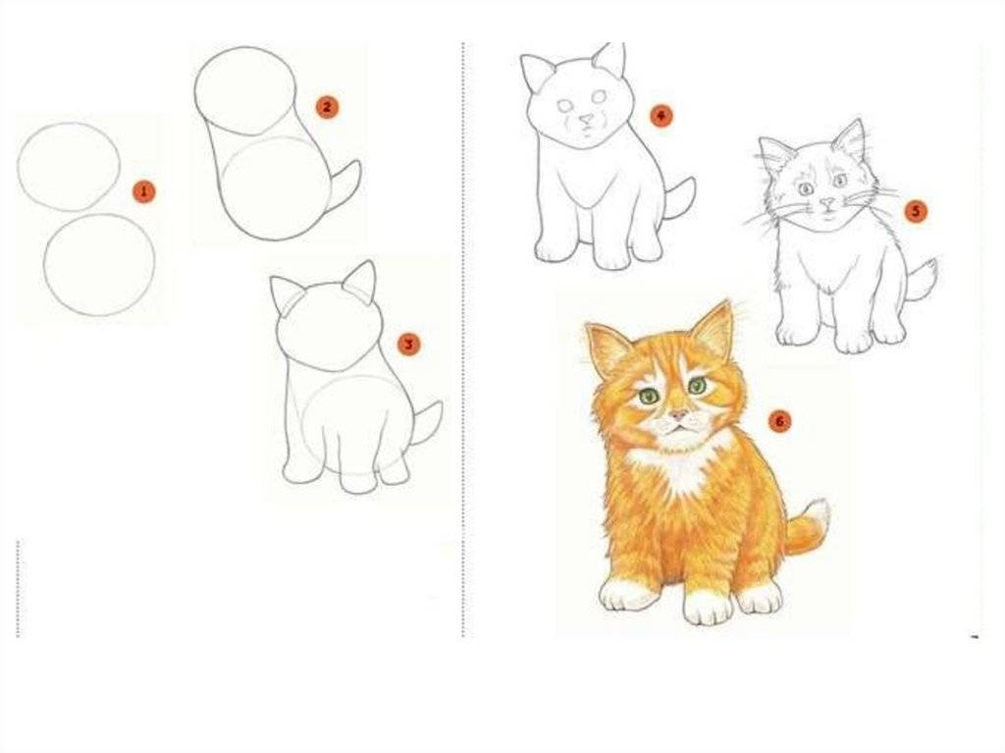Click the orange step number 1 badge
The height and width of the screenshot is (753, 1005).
point(143,191)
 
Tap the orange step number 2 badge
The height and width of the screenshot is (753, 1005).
point(327,107)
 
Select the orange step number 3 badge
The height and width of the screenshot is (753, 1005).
point(408,345)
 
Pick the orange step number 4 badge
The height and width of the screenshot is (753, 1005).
point(661,116)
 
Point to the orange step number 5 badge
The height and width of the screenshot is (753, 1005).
point(916,211)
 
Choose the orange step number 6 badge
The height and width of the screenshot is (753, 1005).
point(779,421)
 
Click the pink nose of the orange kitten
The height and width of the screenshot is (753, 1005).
point(679,415)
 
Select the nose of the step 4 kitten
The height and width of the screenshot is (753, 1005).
point(586,120)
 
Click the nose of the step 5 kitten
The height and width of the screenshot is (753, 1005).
point(828,202)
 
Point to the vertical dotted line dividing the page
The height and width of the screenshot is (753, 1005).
point(463,340)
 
